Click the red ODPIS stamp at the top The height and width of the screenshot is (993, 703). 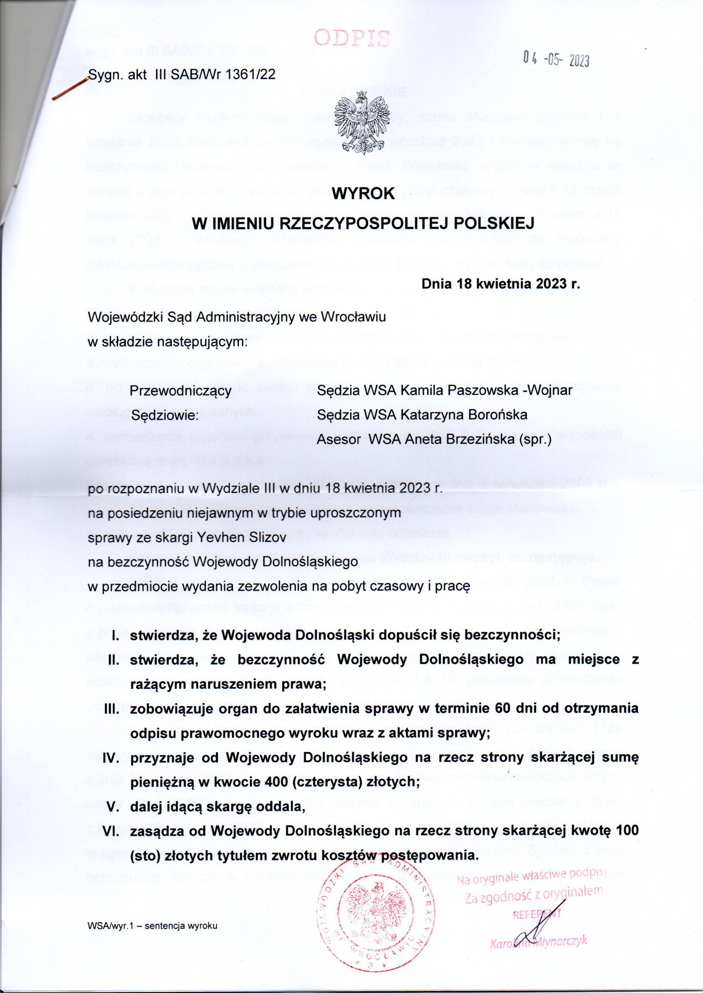pyautogui.click(x=351, y=39)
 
